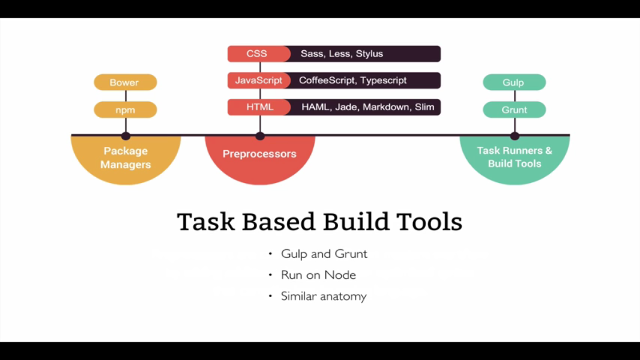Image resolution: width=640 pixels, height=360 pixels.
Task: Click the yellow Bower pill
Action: [125, 83]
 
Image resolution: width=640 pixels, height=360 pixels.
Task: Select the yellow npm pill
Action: [125, 110]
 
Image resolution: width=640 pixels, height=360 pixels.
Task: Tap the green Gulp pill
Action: [514, 83]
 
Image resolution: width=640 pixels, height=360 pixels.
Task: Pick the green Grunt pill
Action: [514, 110]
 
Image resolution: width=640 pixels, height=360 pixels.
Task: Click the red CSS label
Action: [257, 54]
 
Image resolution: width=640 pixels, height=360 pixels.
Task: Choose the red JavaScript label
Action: [259, 80]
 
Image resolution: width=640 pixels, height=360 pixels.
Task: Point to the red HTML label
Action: [260, 107]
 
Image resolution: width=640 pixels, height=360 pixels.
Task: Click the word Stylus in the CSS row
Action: [369, 54]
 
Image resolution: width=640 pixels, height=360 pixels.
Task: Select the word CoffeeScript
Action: [328, 80]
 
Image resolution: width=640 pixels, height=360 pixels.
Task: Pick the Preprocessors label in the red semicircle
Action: [260, 154]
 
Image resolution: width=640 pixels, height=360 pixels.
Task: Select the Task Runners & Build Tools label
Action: [514, 157]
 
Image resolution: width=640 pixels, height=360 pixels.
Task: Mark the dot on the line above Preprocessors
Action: [260, 136]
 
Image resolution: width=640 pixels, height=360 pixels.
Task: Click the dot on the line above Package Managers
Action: [126, 136]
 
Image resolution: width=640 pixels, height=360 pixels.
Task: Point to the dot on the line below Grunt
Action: [515, 136]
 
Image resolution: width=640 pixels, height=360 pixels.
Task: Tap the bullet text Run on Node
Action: [318, 275]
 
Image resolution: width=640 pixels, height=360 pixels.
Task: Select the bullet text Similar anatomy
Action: [323, 296]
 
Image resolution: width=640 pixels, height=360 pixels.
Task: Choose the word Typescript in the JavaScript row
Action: [383, 80]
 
